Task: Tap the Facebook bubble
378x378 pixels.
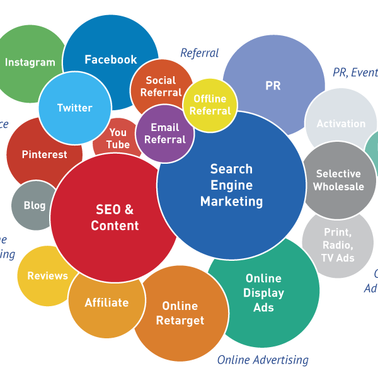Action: pyautogui.click(x=111, y=60)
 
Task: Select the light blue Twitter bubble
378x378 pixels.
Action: pyautogui.click(x=75, y=108)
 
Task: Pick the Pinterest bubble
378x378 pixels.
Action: pyautogui.click(x=44, y=154)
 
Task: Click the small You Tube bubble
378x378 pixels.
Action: pyautogui.click(x=118, y=139)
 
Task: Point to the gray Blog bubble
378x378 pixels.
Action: pyautogui.click(x=35, y=205)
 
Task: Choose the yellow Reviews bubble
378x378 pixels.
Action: pyautogui.click(x=47, y=276)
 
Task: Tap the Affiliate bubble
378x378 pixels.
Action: pyautogui.click(x=106, y=303)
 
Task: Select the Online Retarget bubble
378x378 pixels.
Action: pyautogui.click(x=180, y=313)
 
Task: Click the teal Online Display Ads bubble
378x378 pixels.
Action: pyautogui.click(x=264, y=293)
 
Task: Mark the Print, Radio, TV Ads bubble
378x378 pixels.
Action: pyautogui.click(x=338, y=245)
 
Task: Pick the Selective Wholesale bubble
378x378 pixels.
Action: pyautogui.click(x=338, y=180)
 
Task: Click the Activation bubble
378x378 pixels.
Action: pyautogui.click(x=341, y=123)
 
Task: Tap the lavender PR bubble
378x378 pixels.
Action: pyautogui.click(x=273, y=86)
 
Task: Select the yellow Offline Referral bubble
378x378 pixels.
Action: pyautogui.click(x=210, y=105)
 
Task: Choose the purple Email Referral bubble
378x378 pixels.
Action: pyautogui.click(x=165, y=134)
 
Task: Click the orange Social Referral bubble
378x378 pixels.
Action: pyautogui.click(x=161, y=86)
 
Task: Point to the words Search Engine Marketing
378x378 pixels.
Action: pyautogui.click(x=231, y=185)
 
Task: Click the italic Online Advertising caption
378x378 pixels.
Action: pyautogui.click(x=263, y=360)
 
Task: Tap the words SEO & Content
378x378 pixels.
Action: pyautogui.click(x=115, y=217)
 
